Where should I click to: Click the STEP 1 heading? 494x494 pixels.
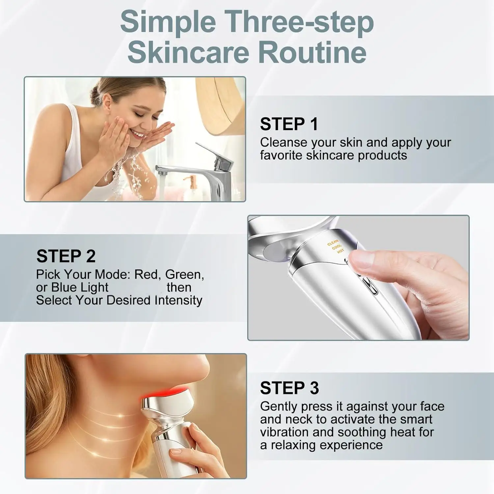(x=289, y=124)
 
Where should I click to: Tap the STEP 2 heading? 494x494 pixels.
(x=66, y=256)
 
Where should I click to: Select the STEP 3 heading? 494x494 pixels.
(x=289, y=388)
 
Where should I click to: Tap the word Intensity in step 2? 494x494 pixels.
(x=178, y=300)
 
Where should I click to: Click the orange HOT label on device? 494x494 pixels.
(x=340, y=251)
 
